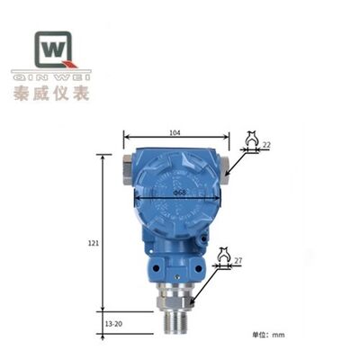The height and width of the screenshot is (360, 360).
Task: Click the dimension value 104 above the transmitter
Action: [x=175, y=133]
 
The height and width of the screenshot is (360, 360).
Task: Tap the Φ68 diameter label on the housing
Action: [x=180, y=192]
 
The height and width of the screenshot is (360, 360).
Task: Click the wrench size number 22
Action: [x=265, y=144]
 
